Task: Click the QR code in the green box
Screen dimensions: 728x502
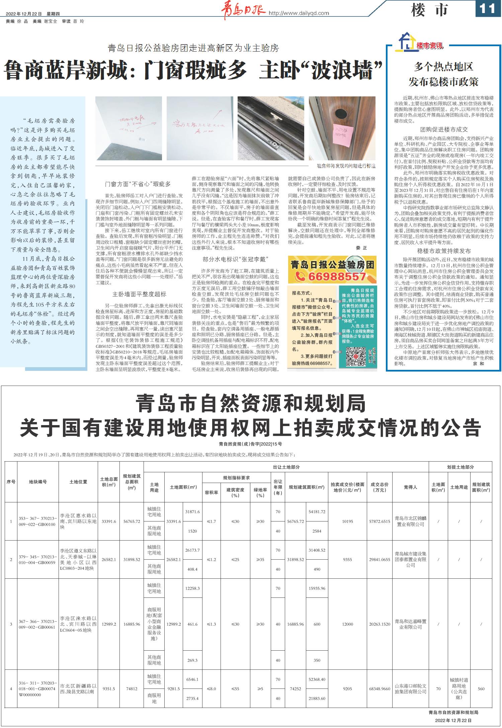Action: (x=355, y=357)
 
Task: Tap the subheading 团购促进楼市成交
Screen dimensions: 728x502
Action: (x=444, y=130)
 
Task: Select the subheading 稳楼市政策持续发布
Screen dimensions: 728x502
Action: (x=444, y=251)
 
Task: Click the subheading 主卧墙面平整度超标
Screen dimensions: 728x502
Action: (x=139, y=294)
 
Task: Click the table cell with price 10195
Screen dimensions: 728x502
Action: (x=347, y=521)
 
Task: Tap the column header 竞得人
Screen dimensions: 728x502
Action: (x=410, y=487)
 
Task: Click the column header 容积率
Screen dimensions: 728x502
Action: (x=212, y=492)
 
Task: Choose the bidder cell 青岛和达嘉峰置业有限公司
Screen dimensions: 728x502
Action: (x=410, y=624)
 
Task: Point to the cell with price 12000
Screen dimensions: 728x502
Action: (x=347, y=624)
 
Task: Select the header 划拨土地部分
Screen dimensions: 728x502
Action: (x=460, y=467)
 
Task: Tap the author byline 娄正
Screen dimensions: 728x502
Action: (x=361, y=248)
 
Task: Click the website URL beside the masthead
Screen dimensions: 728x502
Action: (x=299, y=13)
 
